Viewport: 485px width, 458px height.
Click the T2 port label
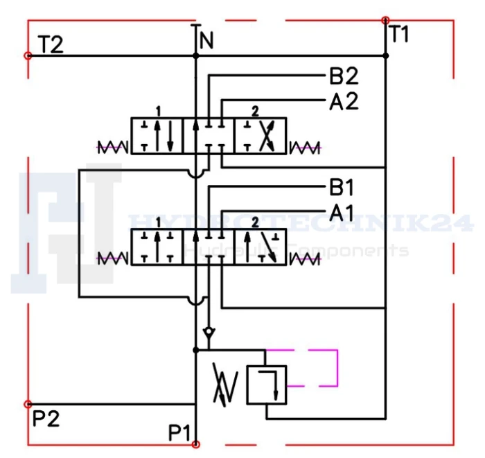pyautogui.click(x=51, y=44)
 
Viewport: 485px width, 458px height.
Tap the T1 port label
pyautogui.click(x=399, y=34)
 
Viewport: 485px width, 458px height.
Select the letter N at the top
pyautogui.click(x=206, y=40)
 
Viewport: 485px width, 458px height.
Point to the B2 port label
pyautogui.click(x=344, y=76)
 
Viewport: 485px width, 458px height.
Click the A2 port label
pyautogui.click(x=344, y=101)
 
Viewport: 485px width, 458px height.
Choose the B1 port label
pyautogui.click(x=341, y=187)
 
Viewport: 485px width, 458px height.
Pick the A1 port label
pyautogui.click(x=341, y=213)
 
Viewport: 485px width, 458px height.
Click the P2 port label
pyautogui.click(x=46, y=419)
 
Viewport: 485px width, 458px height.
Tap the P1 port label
pyautogui.click(x=179, y=432)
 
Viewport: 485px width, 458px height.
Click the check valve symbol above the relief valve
pyautogui.click(x=209, y=333)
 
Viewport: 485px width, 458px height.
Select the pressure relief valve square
pyautogui.click(x=267, y=385)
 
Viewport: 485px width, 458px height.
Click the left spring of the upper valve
pyautogui.click(x=112, y=147)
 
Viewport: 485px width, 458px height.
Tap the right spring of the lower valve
pyautogui.click(x=305, y=259)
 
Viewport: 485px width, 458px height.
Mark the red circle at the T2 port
pyautogui.click(x=28, y=55)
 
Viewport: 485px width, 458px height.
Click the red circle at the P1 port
pyautogui.click(x=196, y=444)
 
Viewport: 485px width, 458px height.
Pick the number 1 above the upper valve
pyautogui.click(x=159, y=112)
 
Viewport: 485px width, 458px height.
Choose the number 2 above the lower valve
pyautogui.click(x=255, y=222)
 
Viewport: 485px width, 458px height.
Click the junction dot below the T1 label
pyautogui.click(x=386, y=55)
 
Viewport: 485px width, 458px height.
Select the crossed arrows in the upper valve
pyautogui.click(x=267, y=136)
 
